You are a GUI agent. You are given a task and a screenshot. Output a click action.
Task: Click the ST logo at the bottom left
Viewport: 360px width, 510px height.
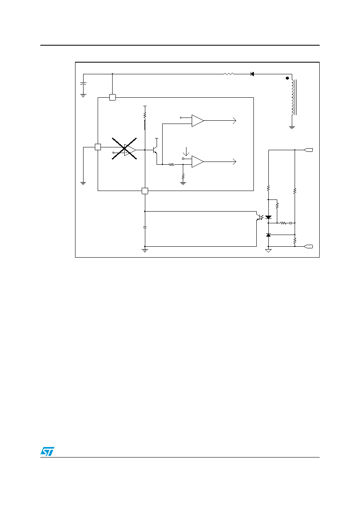47,451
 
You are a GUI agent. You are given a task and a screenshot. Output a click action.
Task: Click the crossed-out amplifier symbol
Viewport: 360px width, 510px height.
124,149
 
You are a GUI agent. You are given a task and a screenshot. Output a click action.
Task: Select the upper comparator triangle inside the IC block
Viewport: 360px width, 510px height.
198,121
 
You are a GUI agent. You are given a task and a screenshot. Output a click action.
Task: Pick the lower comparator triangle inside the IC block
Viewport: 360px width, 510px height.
198,162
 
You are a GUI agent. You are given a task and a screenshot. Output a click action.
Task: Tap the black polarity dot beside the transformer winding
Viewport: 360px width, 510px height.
287,78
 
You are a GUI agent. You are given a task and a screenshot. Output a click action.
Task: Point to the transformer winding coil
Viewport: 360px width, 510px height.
293,97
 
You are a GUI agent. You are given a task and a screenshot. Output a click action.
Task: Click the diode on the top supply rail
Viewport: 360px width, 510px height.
252,74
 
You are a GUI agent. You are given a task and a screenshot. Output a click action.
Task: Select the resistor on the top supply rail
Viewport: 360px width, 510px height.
229,74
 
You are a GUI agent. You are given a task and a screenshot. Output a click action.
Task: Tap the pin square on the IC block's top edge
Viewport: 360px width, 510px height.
113,97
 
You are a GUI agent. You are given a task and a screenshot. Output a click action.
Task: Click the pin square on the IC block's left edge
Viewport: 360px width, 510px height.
98,147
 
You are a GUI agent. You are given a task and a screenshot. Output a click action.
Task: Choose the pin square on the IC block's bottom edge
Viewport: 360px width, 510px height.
145,191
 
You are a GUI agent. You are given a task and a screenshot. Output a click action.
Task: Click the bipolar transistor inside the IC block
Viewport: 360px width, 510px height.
155,150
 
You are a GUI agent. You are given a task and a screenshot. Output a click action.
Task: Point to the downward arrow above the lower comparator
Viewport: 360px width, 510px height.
186,151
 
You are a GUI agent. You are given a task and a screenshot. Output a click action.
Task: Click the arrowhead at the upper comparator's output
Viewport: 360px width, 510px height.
234,121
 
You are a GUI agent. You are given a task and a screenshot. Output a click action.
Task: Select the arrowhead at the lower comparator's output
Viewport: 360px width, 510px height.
234,162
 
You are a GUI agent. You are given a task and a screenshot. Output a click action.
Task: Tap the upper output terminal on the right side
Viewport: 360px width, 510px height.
308,150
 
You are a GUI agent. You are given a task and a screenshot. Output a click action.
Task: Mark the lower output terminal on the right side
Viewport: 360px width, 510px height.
308,246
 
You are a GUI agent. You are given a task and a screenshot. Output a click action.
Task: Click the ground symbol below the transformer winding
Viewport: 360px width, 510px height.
292,128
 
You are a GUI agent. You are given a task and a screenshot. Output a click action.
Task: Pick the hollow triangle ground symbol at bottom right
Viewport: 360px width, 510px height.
268,251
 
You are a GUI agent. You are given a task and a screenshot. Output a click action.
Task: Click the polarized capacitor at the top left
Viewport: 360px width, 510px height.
83,84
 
